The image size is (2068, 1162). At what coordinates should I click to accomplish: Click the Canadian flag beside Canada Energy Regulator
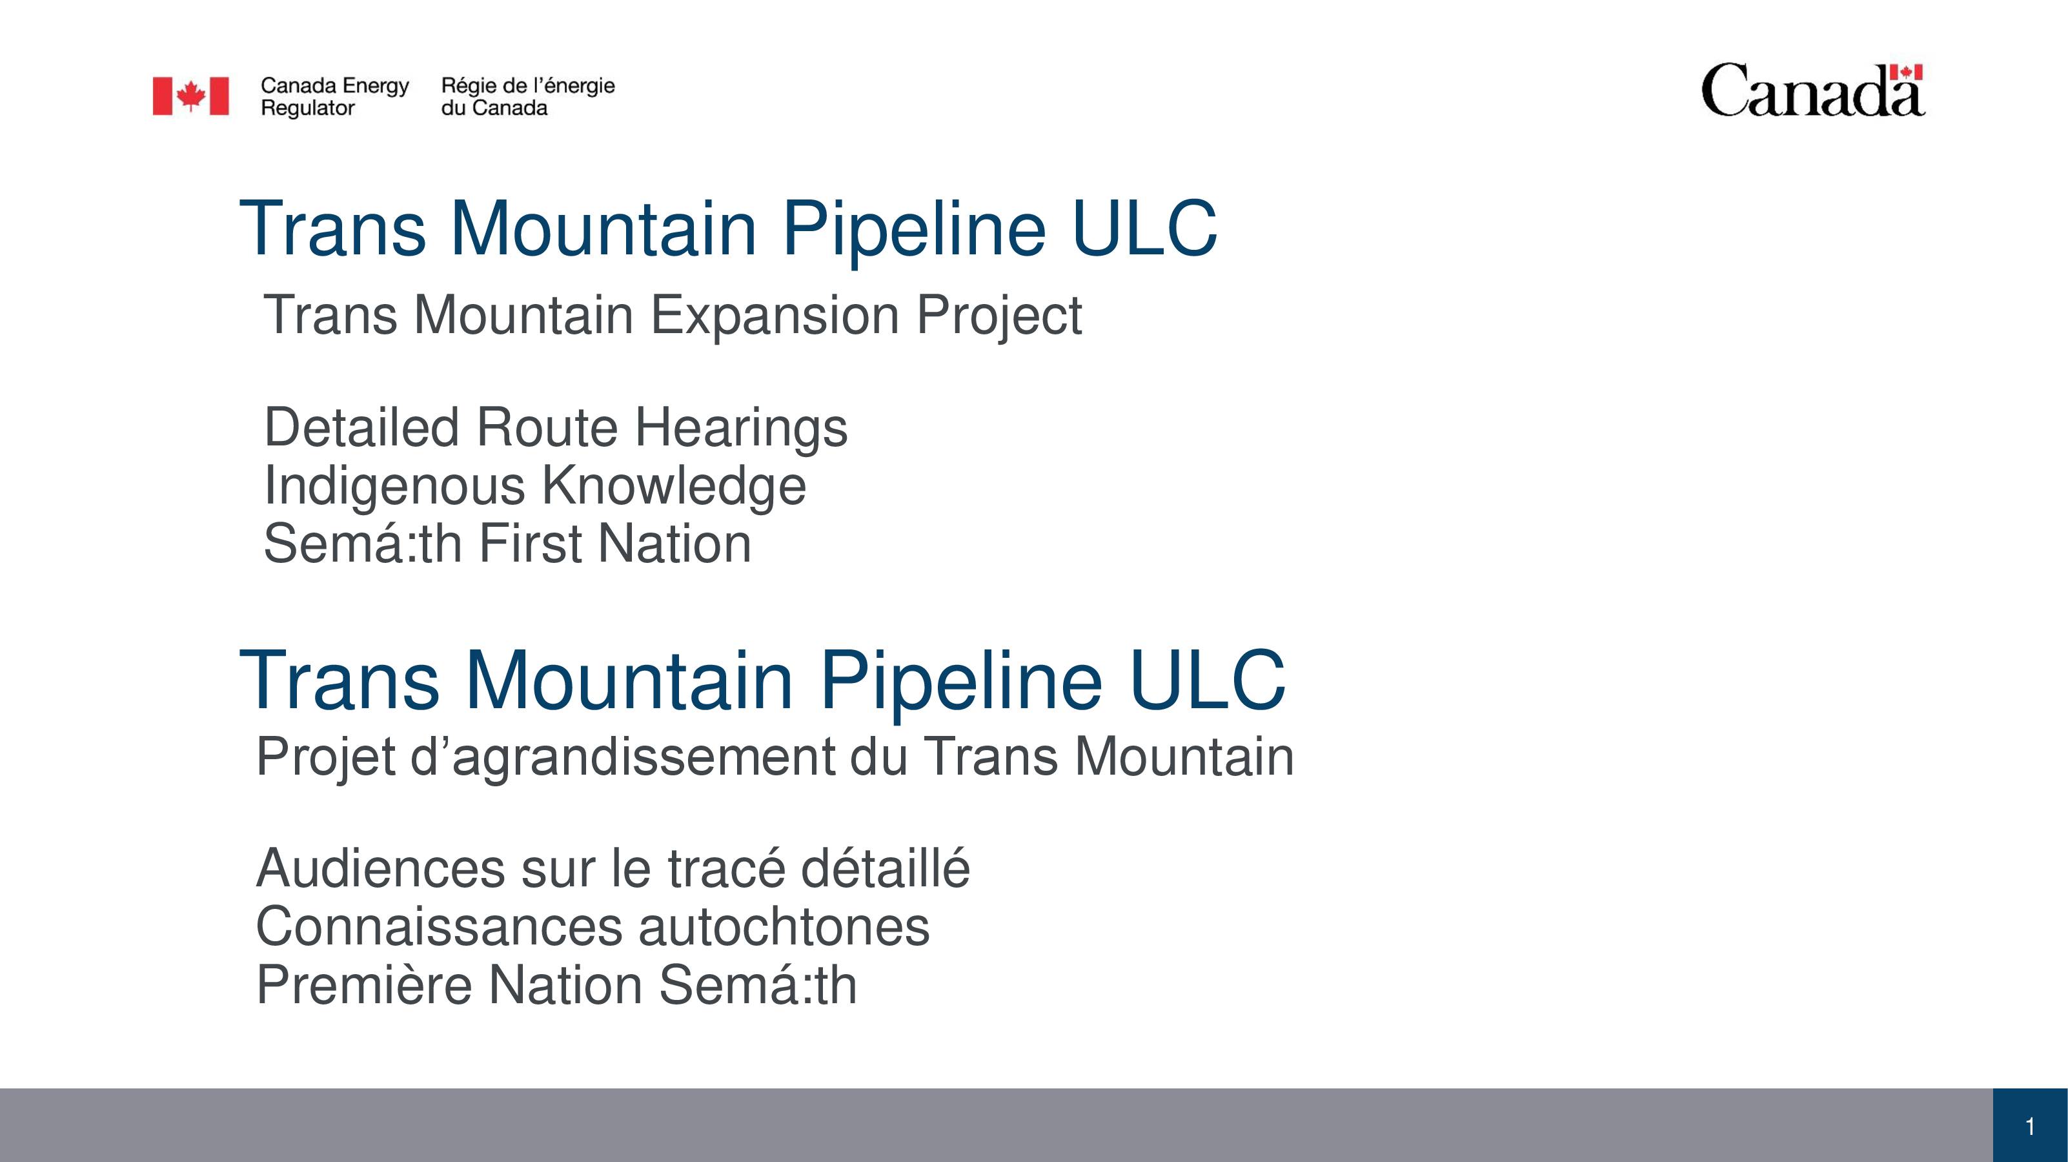point(191,96)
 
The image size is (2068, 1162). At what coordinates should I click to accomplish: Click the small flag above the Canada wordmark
point(1907,72)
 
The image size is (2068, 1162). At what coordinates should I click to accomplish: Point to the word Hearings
point(741,429)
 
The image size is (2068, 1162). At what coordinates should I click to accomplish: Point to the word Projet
point(326,757)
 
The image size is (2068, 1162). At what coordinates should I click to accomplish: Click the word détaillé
point(886,869)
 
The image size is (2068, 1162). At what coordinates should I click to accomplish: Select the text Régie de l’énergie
point(528,85)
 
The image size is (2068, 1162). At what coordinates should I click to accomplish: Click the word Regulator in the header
point(307,108)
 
